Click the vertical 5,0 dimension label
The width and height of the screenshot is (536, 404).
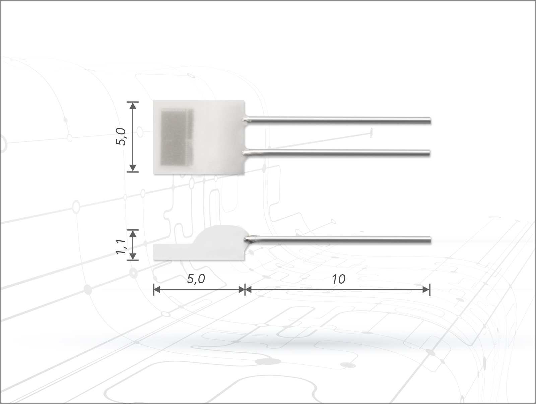tap(121, 136)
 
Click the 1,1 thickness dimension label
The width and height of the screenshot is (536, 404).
tap(121, 247)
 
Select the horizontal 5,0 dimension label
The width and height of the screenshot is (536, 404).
tap(196, 279)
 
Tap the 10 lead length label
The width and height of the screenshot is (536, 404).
tap(339, 279)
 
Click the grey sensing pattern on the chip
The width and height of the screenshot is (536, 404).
tap(177, 137)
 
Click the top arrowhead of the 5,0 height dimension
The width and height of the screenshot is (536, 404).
tap(133, 106)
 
